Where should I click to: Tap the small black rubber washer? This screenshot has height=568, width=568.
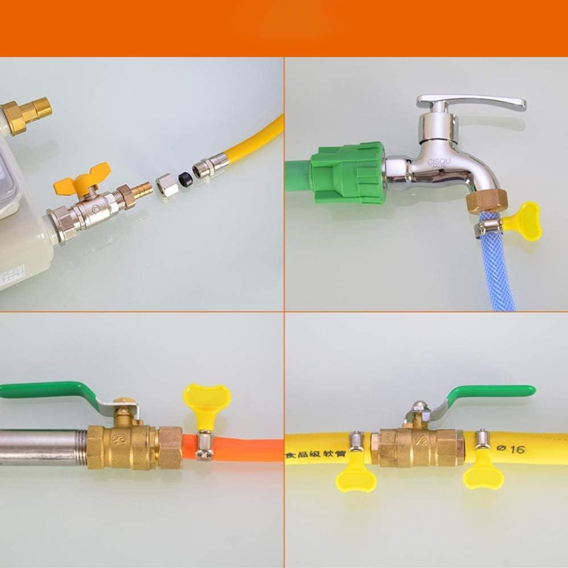(x=185, y=179)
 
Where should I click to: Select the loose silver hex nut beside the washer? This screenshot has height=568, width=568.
(x=167, y=185)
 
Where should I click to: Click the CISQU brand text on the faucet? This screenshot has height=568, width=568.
(x=439, y=162)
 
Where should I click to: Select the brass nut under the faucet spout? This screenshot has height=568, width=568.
(x=486, y=201)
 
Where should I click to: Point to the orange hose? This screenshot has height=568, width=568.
(x=250, y=448)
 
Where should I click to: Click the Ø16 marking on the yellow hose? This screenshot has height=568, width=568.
(x=510, y=449)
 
